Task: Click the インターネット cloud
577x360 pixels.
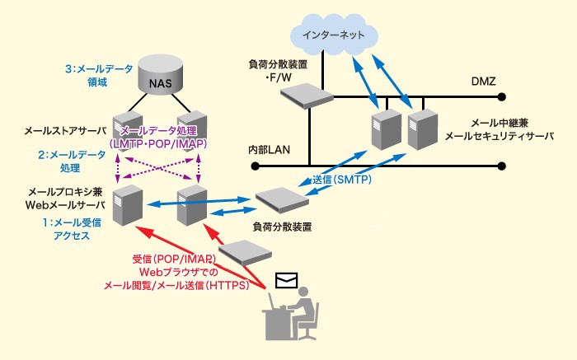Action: point(335,35)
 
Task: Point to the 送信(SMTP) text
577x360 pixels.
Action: point(341,179)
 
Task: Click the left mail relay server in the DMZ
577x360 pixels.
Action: point(383,129)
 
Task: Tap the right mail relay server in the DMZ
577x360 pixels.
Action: point(420,127)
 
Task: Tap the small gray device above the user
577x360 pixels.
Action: point(242,250)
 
